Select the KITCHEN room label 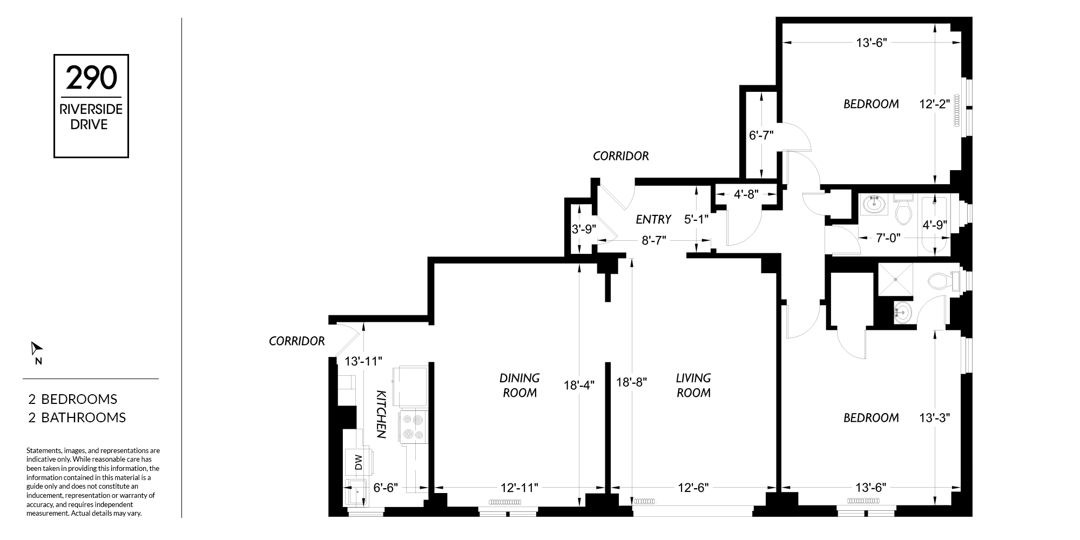pyautogui.click(x=381, y=414)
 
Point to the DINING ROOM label pyautogui.click(x=519, y=386)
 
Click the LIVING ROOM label pyautogui.click(x=693, y=386)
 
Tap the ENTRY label pyautogui.click(x=653, y=219)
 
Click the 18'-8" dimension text pyautogui.click(x=632, y=382)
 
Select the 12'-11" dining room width pyautogui.click(x=519, y=488)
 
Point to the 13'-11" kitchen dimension pyautogui.click(x=364, y=361)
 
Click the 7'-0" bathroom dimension pyautogui.click(x=888, y=238)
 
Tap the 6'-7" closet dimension pyautogui.click(x=761, y=136)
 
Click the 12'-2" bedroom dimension pyautogui.click(x=935, y=104)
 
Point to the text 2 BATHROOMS pyautogui.click(x=77, y=417)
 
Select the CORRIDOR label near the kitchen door pyautogui.click(x=297, y=341)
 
